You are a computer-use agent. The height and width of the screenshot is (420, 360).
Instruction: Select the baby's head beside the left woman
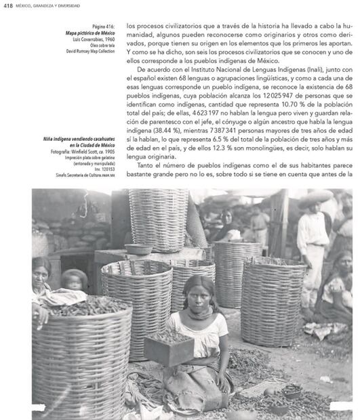tap(74, 279)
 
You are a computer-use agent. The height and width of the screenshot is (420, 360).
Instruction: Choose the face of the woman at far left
tap(41, 273)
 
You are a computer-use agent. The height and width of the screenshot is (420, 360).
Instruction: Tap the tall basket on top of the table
tap(159, 219)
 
